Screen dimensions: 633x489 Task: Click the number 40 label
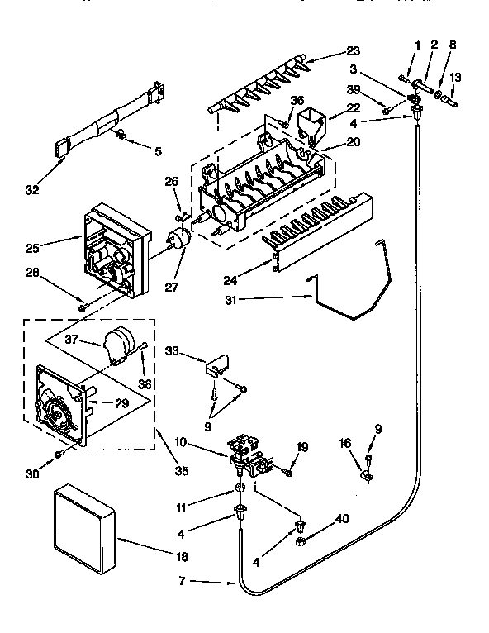340,520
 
